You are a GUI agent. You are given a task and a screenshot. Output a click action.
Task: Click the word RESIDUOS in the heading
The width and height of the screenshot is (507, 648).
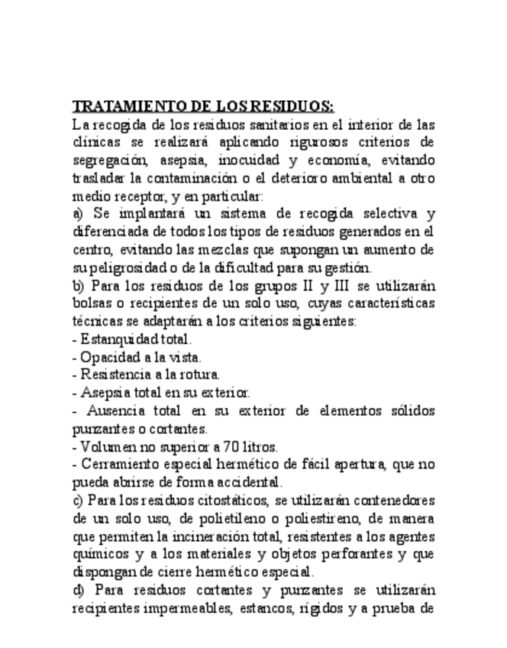point(292,105)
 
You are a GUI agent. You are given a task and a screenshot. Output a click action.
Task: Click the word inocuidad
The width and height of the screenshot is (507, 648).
point(249,160)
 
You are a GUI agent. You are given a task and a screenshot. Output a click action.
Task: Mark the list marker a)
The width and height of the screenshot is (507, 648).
point(78,213)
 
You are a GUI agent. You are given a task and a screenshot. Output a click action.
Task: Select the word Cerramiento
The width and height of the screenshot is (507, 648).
point(118,465)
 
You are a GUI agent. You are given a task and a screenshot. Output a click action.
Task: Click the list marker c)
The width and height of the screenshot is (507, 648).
point(77,501)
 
